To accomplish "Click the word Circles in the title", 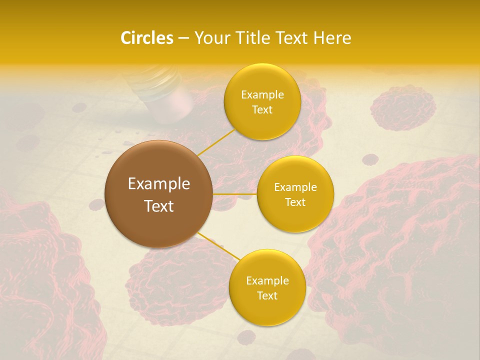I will [146, 38].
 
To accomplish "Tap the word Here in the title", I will [332, 38].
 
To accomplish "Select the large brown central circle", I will [158, 193].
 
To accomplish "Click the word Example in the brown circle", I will [158, 183].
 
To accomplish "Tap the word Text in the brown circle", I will [158, 205].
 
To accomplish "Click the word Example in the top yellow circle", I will [262, 94].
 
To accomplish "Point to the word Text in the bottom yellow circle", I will [267, 295].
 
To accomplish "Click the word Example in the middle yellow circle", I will [295, 187].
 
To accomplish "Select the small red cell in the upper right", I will [402, 107].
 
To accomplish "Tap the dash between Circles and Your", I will [183, 38].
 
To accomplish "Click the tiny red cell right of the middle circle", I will [370, 159].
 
